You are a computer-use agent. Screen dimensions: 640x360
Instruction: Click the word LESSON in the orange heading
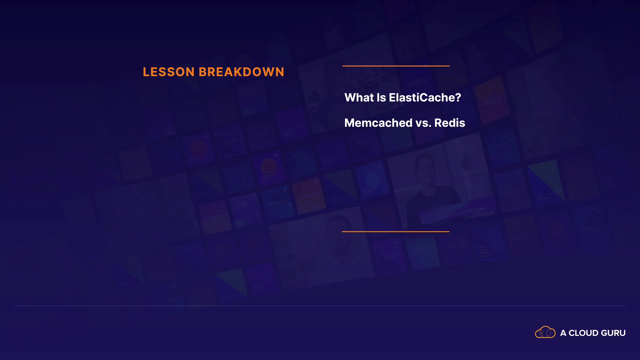(169, 72)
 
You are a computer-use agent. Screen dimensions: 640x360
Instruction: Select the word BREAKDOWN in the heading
(242, 72)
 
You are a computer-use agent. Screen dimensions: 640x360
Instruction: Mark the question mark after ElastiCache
(458, 98)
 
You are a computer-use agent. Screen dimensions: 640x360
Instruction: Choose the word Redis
(450, 123)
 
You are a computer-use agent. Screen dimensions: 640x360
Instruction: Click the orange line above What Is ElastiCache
(396, 66)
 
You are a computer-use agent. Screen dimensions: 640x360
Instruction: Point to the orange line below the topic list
(396, 231)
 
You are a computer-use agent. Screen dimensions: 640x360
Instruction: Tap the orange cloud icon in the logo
(545, 332)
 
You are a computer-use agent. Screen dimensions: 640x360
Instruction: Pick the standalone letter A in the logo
(563, 333)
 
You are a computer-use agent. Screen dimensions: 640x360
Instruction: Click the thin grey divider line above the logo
(320, 306)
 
